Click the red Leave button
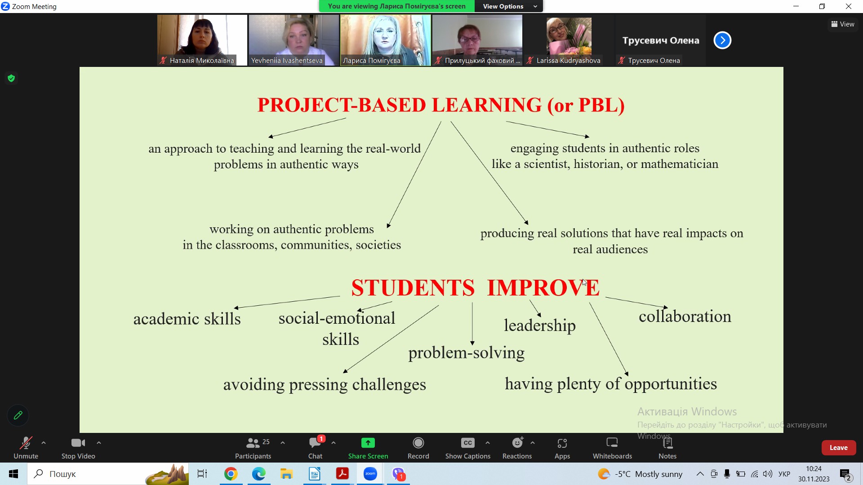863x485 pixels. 838,448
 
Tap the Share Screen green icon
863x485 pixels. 368,443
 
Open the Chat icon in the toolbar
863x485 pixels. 315,443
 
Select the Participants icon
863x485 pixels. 253,443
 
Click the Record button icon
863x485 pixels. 418,443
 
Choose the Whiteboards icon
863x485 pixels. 612,443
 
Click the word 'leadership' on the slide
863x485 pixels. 539,326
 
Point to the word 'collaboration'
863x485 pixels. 685,316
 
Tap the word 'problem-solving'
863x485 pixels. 466,353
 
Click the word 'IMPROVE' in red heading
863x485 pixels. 543,287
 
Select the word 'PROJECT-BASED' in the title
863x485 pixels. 342,105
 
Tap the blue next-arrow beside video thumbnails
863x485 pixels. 722,40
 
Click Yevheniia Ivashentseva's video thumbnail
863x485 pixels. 294,40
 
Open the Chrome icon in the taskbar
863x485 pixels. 231,474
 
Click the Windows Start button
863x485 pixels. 13,474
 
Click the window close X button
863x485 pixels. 849,6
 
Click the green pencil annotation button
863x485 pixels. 18,415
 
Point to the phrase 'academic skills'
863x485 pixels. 187,319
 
